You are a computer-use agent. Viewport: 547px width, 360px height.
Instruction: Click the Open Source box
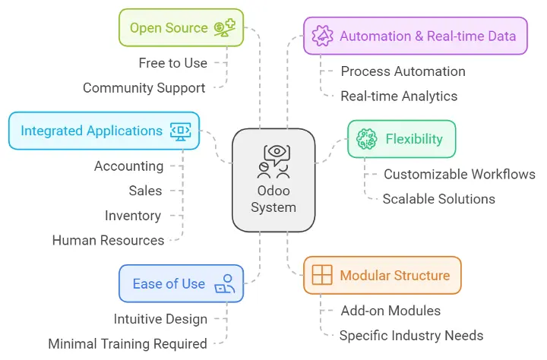[x=181, y=28]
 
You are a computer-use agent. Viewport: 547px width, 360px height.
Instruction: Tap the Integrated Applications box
[x=104, y=131]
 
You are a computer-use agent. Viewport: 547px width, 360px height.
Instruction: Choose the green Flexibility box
[x=401, y=139]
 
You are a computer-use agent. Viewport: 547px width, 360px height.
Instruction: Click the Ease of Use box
[x=181, y=283]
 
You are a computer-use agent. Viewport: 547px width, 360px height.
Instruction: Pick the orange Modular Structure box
[x=382, y=275]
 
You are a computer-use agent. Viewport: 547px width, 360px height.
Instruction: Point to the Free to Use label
[x=172, y=63]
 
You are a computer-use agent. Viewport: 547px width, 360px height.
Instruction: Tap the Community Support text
[x=144, y=88]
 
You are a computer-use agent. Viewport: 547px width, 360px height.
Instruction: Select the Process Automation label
[x=403, y=71]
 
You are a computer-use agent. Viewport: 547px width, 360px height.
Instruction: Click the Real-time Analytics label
[x=399, y=96]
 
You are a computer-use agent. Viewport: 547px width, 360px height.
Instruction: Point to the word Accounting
[x=128, y=166]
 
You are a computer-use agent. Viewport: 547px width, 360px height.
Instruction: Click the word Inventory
[x=133, y=216]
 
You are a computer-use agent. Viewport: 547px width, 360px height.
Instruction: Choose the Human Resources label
[x=108, y=240]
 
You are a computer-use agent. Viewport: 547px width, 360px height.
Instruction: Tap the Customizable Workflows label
[x=459, y=174]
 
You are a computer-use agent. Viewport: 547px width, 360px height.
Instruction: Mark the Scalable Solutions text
[x=438, y=199]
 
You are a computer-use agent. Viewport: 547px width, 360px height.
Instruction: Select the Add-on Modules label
[x=390, y=310]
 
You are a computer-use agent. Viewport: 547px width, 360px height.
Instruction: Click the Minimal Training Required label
[x=128, y=343]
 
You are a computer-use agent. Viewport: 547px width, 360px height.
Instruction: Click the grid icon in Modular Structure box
[x=322, y=275]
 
